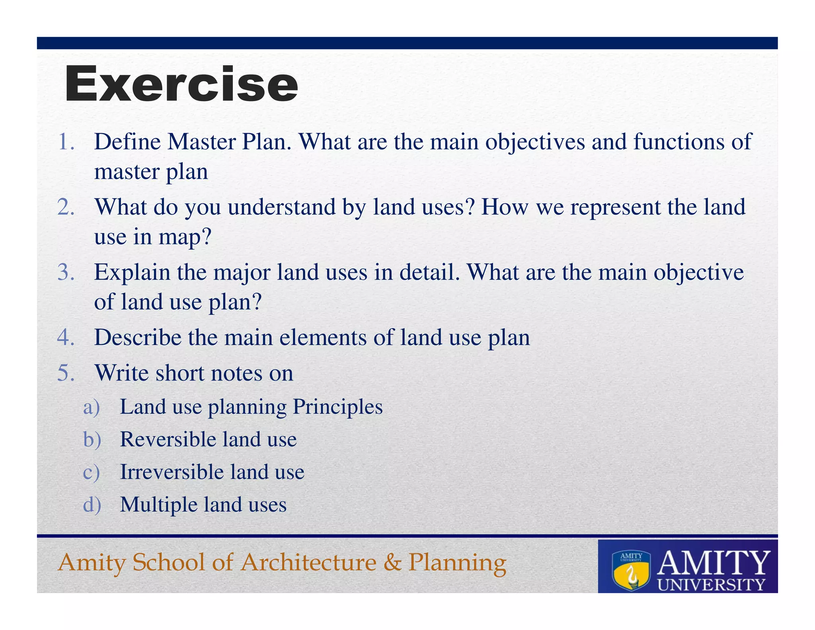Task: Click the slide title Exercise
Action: pyautogui.click(x=181, y=84)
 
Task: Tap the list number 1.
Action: pyautogui.click(x=66, y=142)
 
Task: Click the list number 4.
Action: pyautogui.click(x=66, y=337)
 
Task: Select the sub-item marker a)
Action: pyautogui.click(x=91, y=407)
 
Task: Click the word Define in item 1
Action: pyautogui.click(x=127, y=142)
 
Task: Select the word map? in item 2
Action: pyautogui.click(x=185, y=237)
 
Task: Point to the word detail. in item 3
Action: pyautogui.click(x=430, y=272)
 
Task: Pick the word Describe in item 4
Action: pyautogui.click(x=138, y=337)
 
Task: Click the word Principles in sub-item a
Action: pyautogui.click(x=337, y=407)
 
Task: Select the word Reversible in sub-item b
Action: pyautogui.click(x=168, y=439)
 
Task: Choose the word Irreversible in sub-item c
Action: pyautogui.click(x=172, y=472)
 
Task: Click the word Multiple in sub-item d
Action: pyautogui.click(x=158, y=505)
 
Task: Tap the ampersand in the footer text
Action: pyautogui.click(x=392, y=562)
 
